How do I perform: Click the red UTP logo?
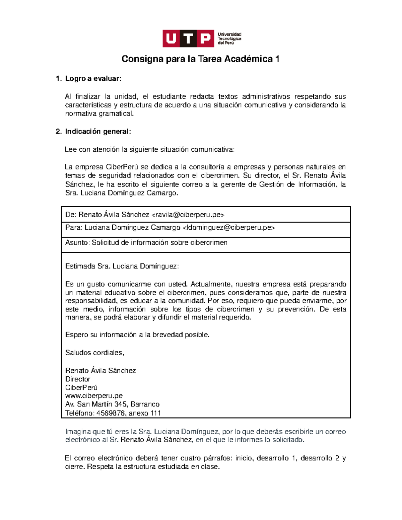188,39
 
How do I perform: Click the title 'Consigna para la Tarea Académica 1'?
200,59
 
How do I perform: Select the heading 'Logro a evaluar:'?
93,79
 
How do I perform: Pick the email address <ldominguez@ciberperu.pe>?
228,228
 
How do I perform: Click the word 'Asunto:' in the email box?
77,242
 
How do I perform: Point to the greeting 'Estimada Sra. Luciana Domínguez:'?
122,266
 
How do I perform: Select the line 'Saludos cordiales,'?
94,353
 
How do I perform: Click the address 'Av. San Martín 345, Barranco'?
112,404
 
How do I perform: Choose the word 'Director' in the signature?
78,379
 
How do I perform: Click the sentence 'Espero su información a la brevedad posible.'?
137,335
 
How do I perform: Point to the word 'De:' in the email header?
71,215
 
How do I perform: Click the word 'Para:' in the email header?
74,228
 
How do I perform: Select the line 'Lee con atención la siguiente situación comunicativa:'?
149,149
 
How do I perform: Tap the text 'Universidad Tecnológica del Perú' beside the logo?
229,39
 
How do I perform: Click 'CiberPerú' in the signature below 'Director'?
81,387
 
